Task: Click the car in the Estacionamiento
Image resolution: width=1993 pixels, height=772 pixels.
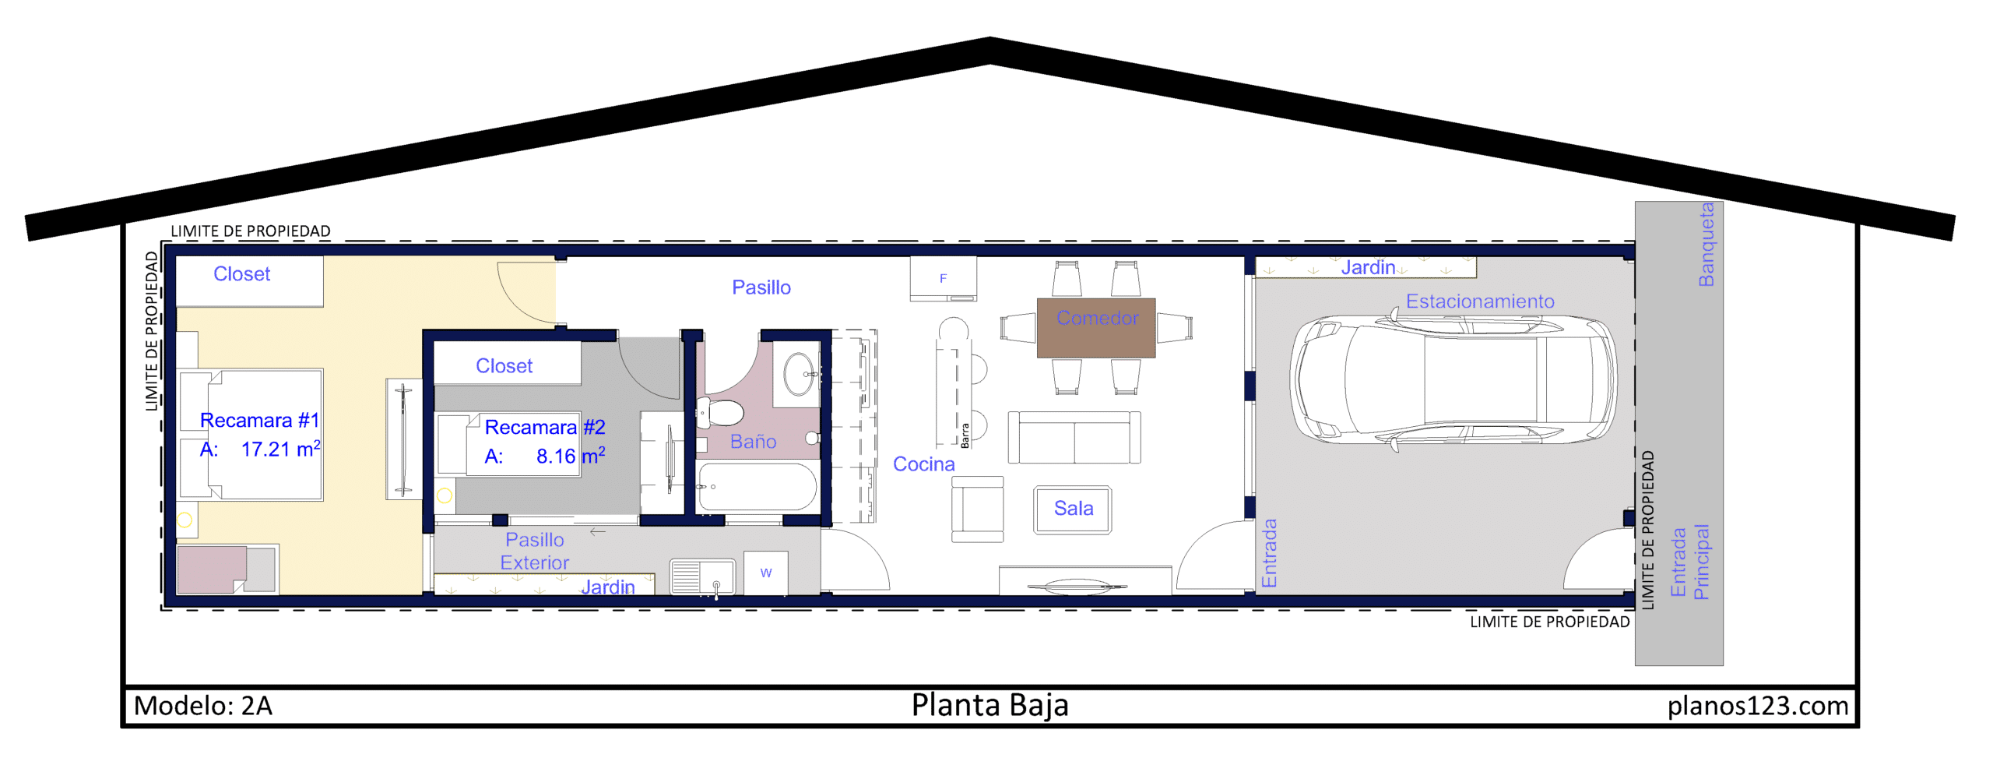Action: tap(1453, 381)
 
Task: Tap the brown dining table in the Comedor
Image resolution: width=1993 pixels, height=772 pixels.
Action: tap(1095, 328)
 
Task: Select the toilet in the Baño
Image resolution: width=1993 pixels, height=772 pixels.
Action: tap(720, 412)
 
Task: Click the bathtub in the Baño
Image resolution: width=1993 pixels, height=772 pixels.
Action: tap(757, 487)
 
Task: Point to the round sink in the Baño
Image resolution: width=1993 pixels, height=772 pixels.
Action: tap(800, 374)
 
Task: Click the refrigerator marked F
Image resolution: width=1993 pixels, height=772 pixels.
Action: tap(943, 278)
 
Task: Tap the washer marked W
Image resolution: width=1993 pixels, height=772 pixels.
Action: tap(766, 573)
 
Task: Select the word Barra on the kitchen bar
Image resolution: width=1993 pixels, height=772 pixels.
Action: tap(965, 435)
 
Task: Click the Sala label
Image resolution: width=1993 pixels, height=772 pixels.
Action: tap(1074, 508)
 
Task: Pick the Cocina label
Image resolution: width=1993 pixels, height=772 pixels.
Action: tap(923, 464)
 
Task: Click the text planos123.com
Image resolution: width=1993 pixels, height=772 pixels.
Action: tap(1758, 706)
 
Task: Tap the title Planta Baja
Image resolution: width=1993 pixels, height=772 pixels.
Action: tap(989, 705)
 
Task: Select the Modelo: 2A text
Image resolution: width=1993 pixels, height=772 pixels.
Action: tap(203, 706)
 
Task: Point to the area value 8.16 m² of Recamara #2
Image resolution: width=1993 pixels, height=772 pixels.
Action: tap(571, 456)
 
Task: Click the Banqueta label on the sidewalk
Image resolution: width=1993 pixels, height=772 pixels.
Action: tap(1706, 245)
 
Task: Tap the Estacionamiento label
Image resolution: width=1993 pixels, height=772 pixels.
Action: tap(1479, 301)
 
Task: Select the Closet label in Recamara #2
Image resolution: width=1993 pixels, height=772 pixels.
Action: tap(504, 366)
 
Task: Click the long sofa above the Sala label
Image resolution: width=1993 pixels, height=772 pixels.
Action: tap(1074, 438)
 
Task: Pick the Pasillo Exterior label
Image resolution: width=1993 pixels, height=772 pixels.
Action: tap(535, 551)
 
